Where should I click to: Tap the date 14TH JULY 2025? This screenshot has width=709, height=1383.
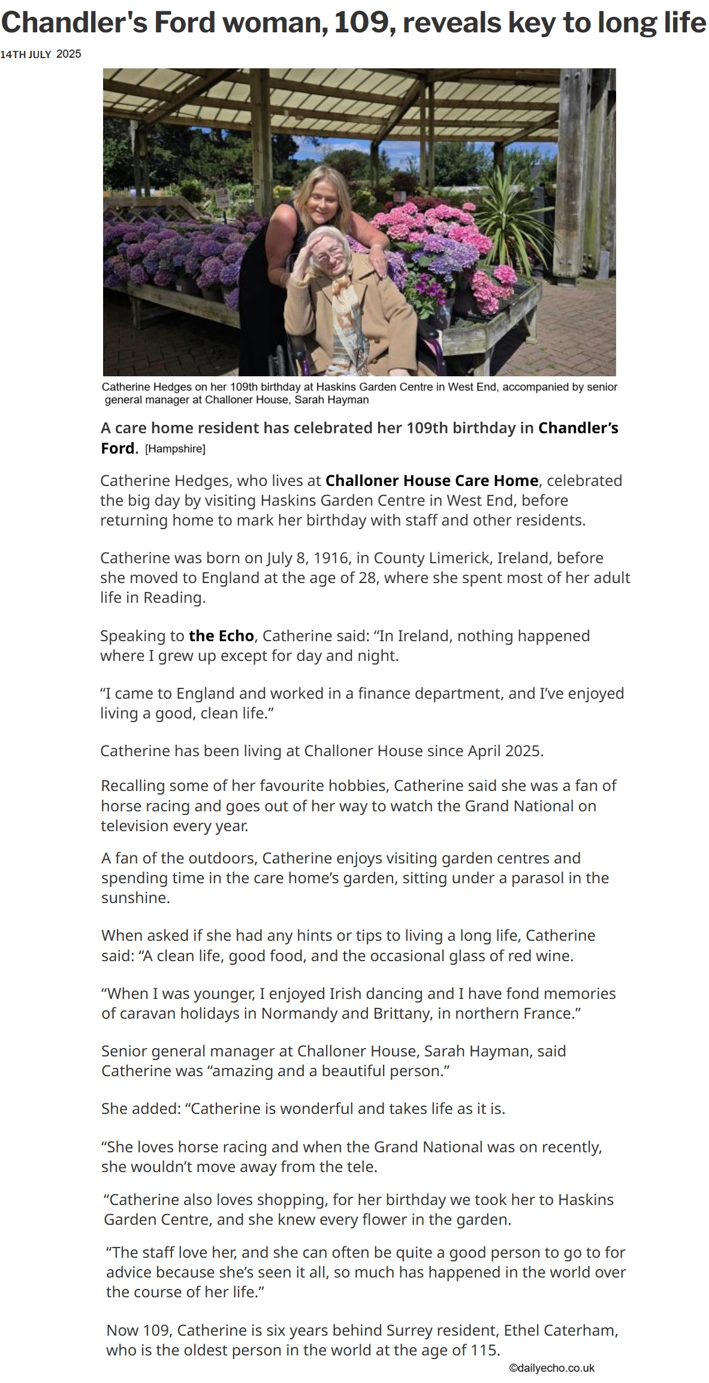point(40,55)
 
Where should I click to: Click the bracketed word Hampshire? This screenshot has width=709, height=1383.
point(175,448)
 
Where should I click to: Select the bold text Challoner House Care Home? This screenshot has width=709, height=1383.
point(432,481)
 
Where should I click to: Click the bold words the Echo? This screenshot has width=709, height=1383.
point(221,635)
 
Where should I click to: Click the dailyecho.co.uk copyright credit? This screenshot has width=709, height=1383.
point(551,1368)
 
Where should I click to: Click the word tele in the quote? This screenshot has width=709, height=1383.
point(362,1167)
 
